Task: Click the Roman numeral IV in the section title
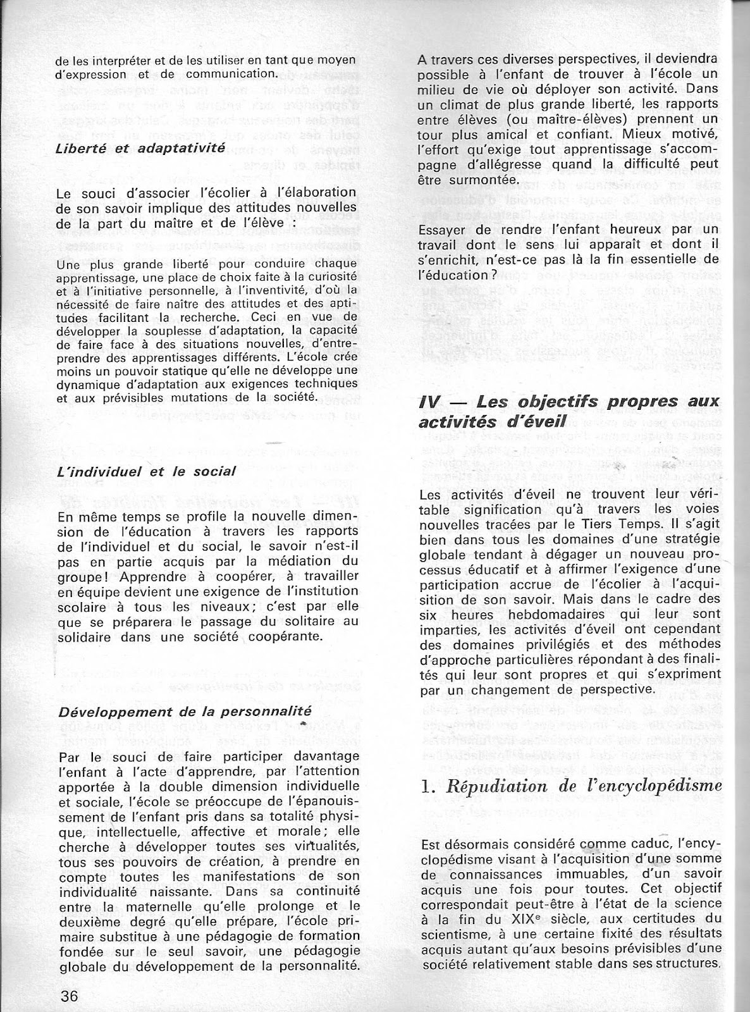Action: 430,402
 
